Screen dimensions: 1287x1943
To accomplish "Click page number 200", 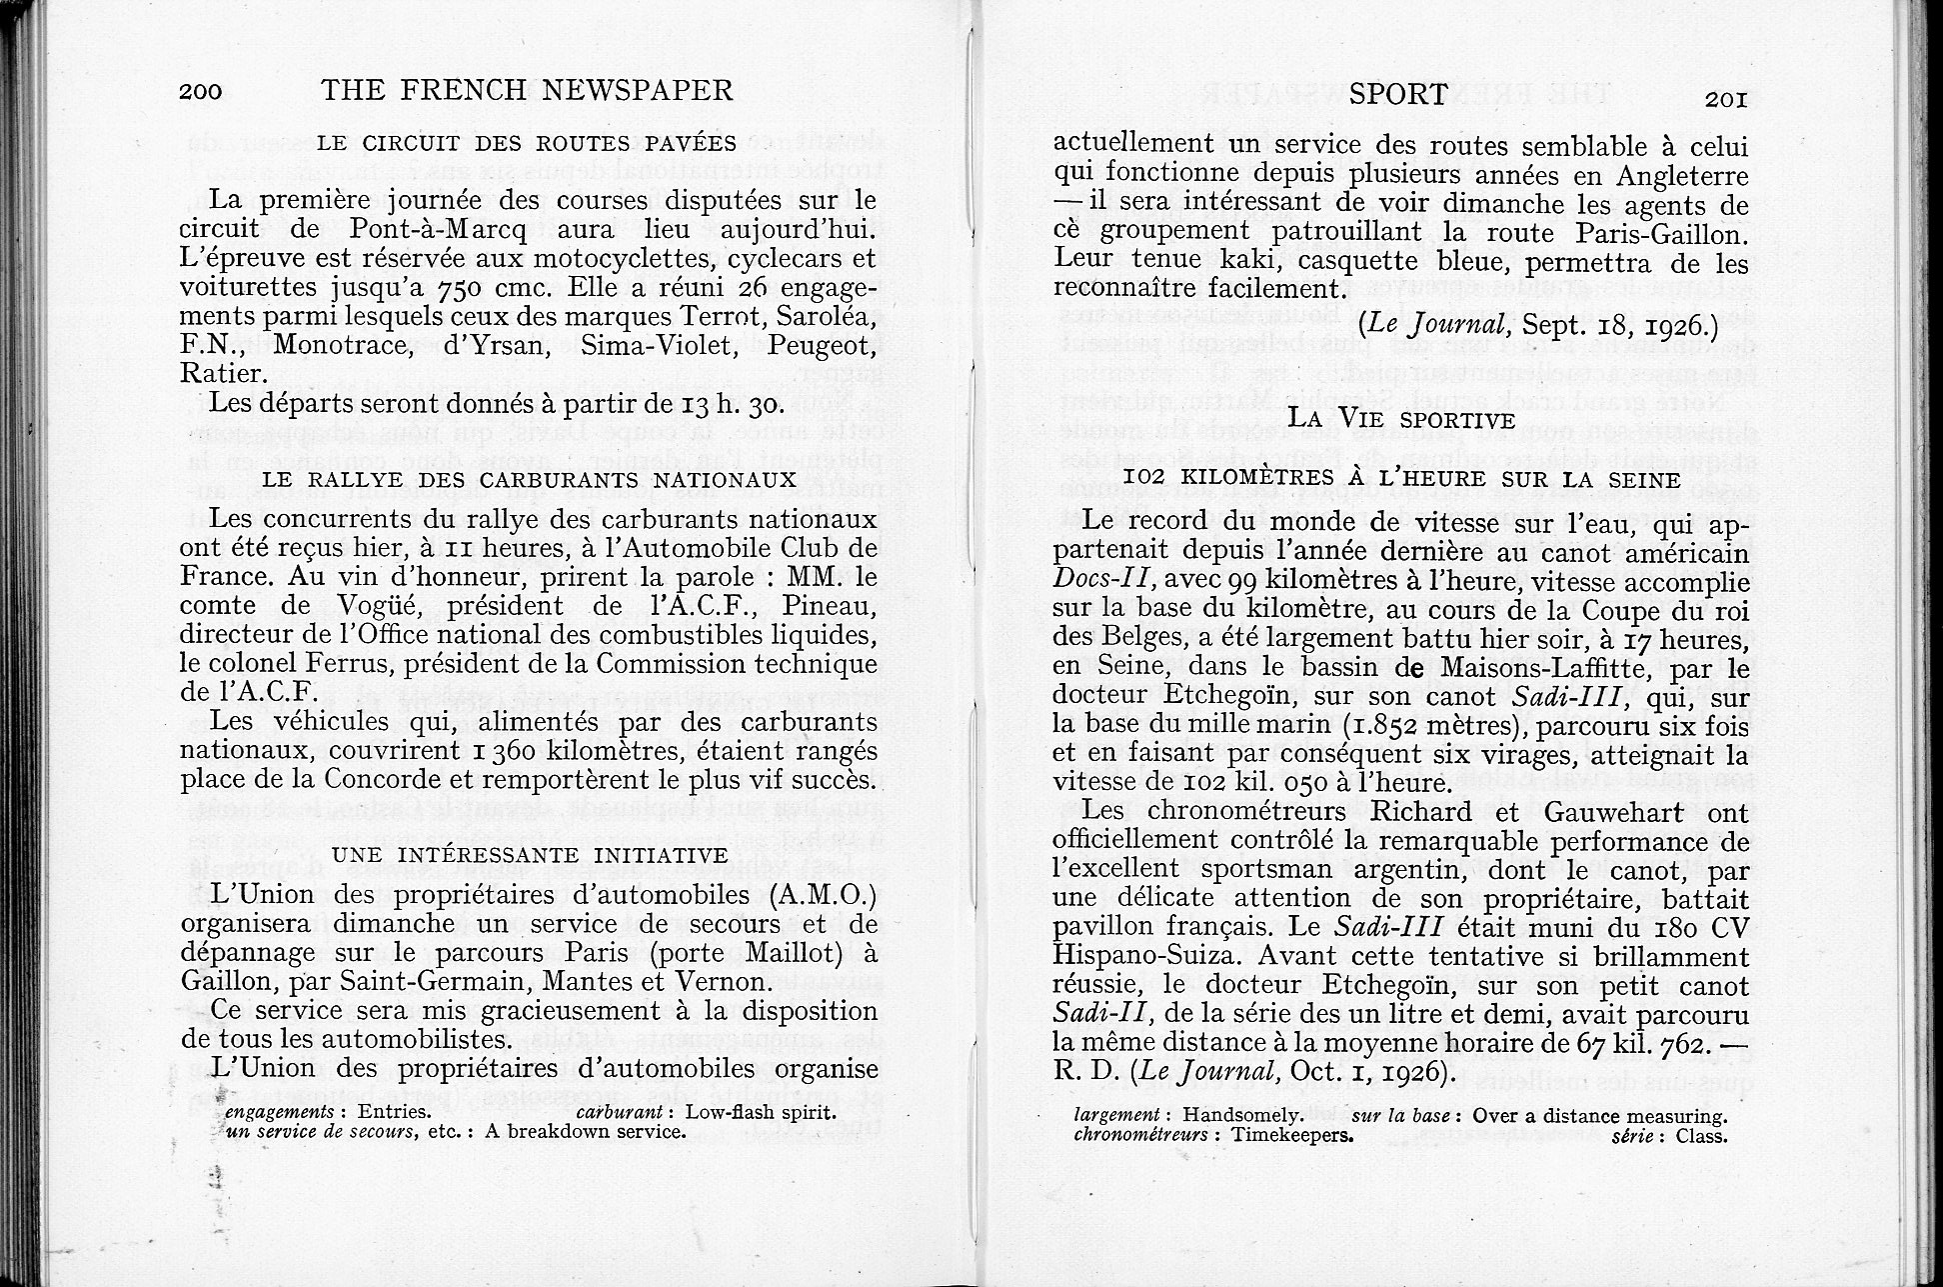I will (200, 92).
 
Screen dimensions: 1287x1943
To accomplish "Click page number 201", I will (1725, 99).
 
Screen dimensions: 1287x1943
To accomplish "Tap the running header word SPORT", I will (1397, 95).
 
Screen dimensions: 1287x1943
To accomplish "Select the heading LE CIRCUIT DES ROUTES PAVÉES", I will (527, 143).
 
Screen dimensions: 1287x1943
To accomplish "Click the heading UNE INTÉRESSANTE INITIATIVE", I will (530, 855).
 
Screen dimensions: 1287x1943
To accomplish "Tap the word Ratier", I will (223, 374).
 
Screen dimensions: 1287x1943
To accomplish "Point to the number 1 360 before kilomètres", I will (473, 750).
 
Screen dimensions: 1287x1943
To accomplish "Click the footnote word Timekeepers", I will (1291, 1136).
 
